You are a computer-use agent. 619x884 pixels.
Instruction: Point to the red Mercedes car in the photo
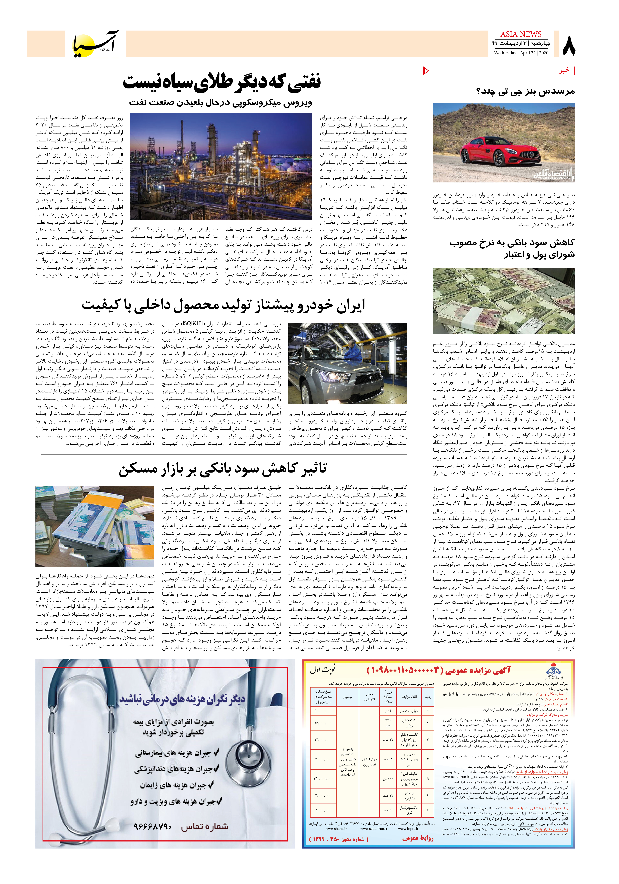[494, 149]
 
